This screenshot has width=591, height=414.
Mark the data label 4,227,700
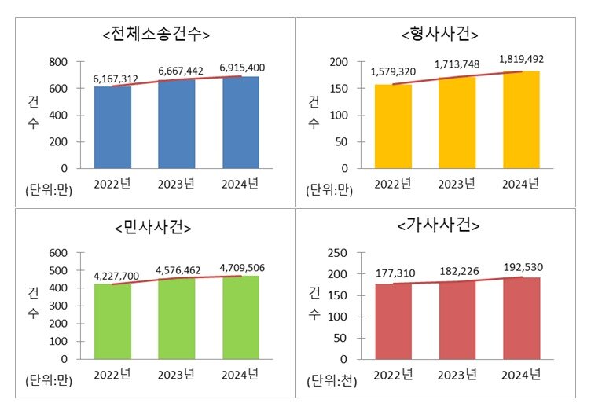[x=116, y=276]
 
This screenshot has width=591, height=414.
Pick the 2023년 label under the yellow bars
[x=457, y=184]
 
